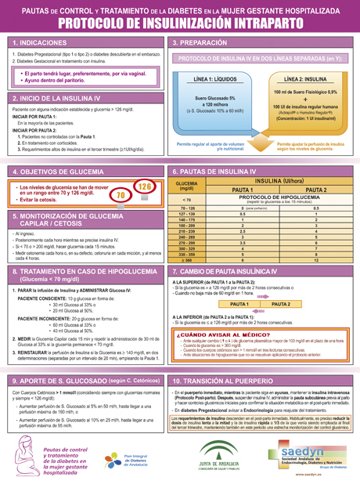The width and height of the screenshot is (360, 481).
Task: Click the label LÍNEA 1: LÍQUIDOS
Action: coord(216,80)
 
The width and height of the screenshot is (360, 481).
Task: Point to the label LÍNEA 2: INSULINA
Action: coord(305,80)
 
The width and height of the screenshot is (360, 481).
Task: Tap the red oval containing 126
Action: coord(144,186)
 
